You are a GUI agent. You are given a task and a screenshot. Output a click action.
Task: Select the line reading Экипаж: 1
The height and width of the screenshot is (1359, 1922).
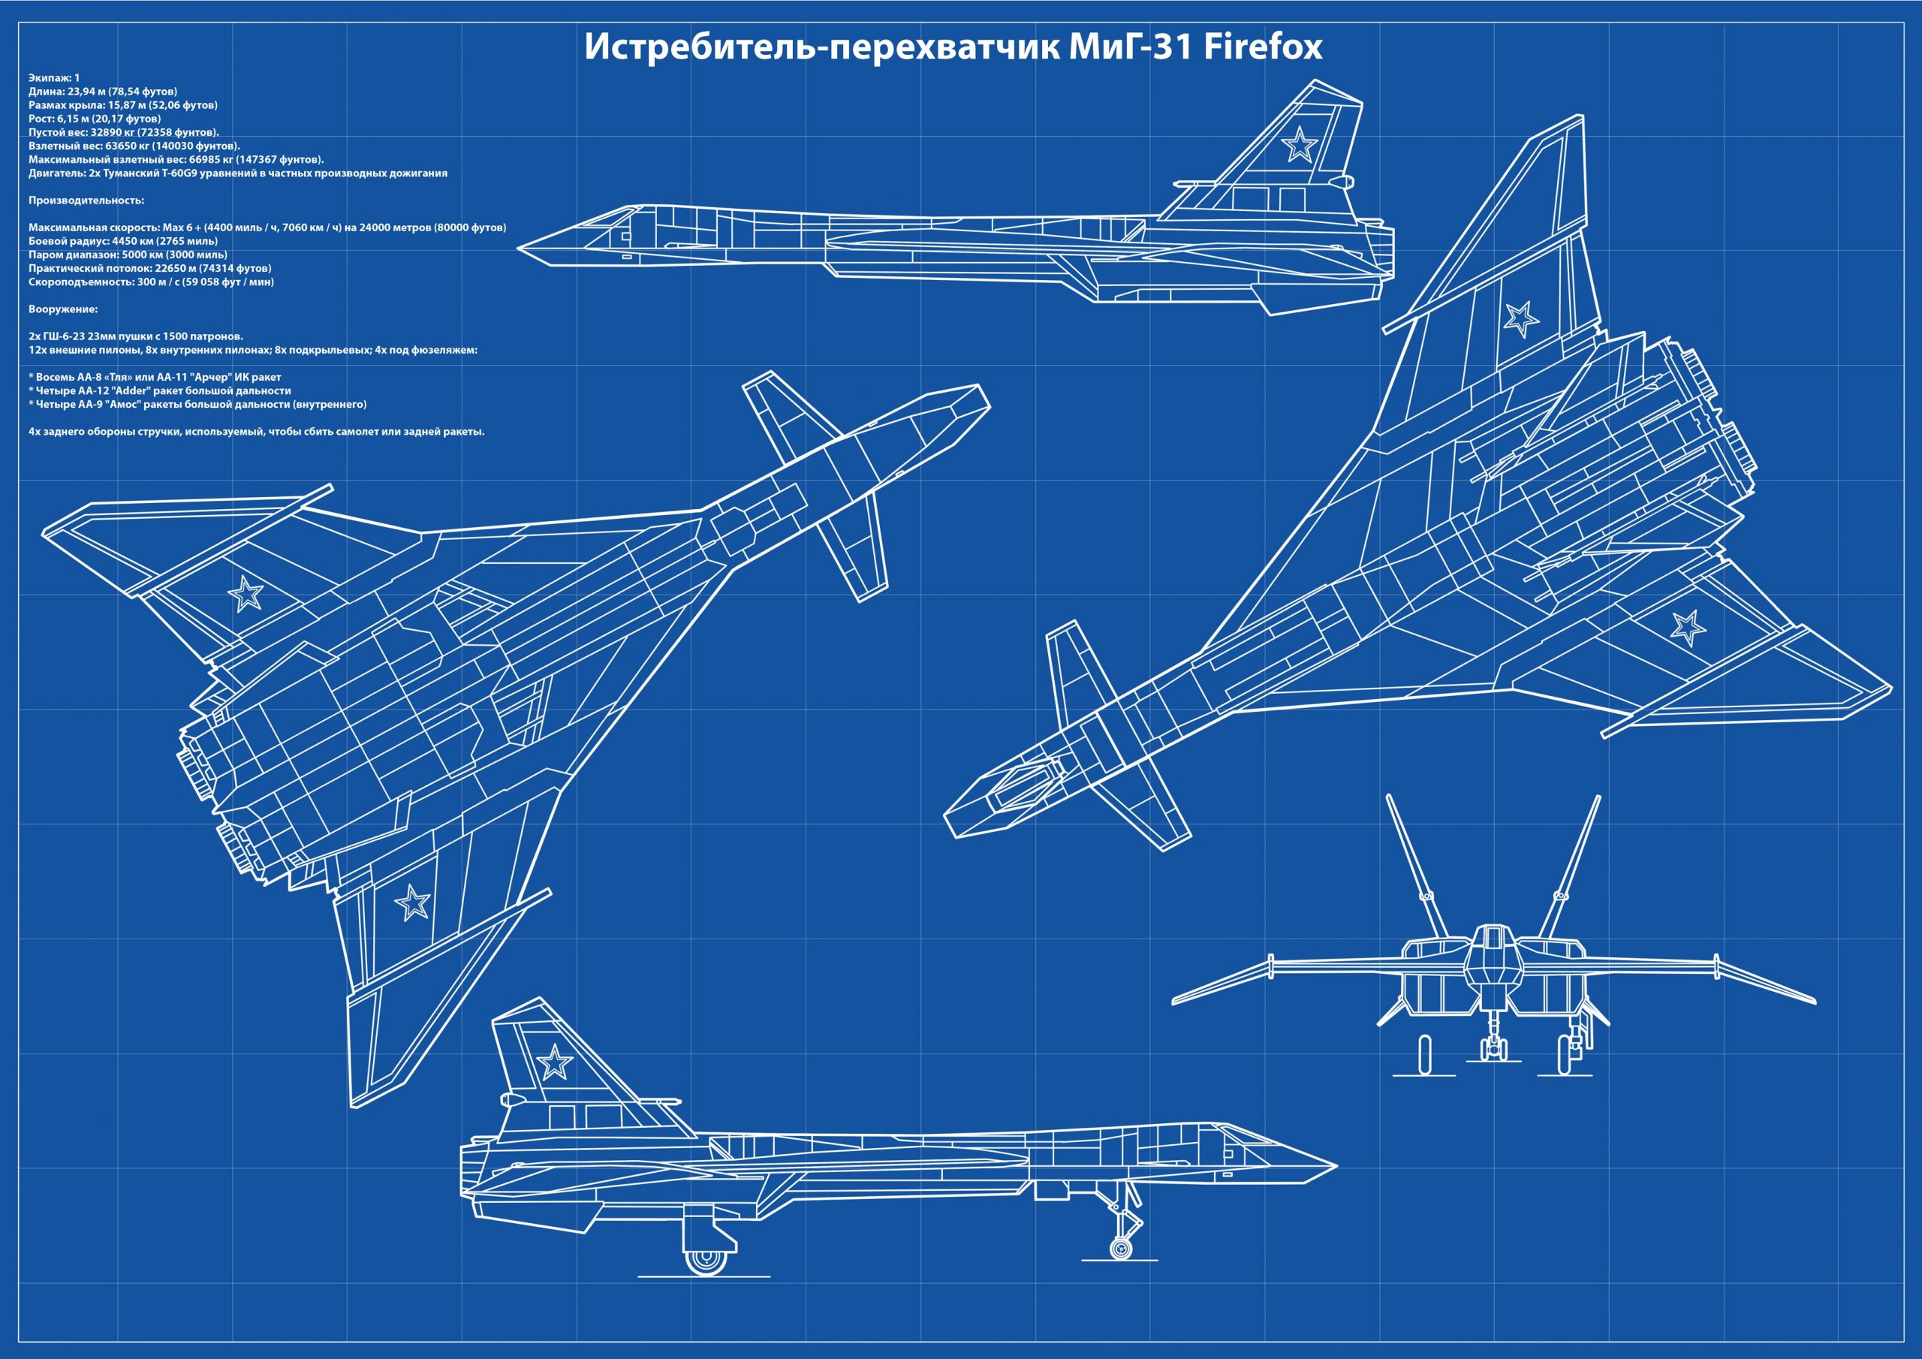pyautogui.click(x=54, y=78)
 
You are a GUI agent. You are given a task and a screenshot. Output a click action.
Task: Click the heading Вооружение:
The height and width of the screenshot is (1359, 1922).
pyautogui.click(x=63, y=309)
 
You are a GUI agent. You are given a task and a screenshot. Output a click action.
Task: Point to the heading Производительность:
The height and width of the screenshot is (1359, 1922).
pyautogui.click(x=86, y=200)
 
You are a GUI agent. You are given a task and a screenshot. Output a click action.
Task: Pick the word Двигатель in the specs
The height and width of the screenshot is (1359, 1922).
pyautogui.click(x=56, y=173)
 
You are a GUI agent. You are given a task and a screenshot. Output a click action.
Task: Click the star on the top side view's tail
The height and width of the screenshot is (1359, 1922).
pyautogui.click(x=1298, y=144)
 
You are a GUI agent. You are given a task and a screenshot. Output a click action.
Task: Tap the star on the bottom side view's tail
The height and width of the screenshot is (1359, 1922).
pyautogui.click(x=553, y=1063)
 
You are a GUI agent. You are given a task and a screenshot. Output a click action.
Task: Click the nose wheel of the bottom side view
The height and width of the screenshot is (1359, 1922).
pyautogui.click(x=1120, y=1249)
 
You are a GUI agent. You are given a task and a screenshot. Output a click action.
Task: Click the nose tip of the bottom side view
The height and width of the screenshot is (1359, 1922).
pyautogui.click(x=1334, y=1165)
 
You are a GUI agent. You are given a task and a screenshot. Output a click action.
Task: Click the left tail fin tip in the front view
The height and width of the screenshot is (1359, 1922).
pyautogui.click(x=1389, y=797)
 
